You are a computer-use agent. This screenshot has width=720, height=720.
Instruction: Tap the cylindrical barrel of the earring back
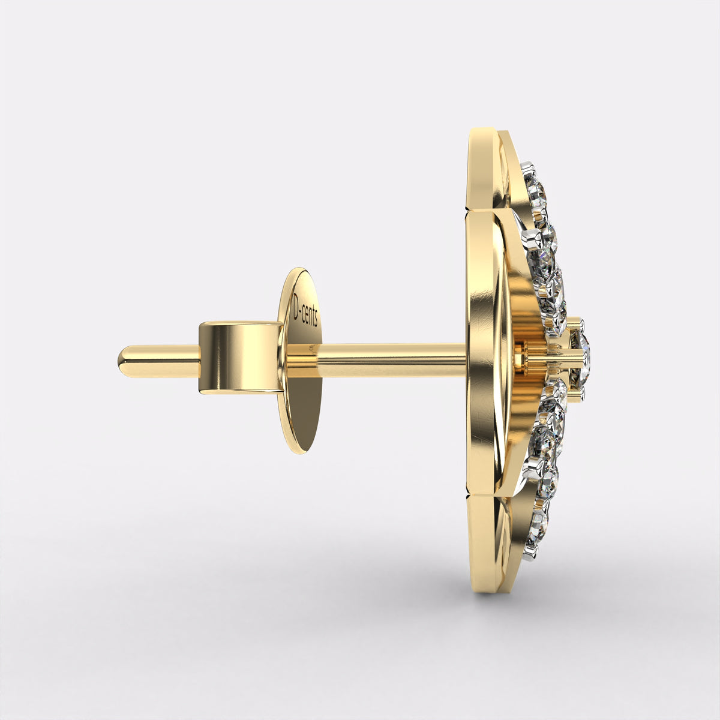(x=239, y=358)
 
